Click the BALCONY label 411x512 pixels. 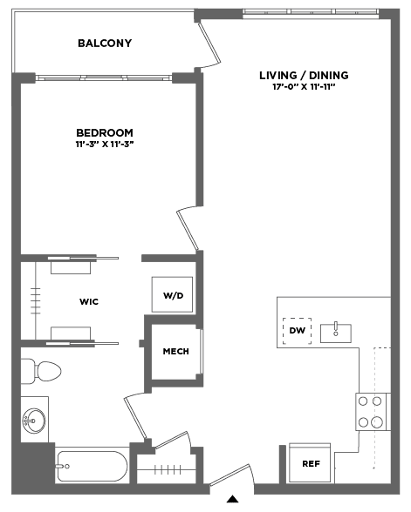[105, 44]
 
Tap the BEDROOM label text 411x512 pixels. [105, 132]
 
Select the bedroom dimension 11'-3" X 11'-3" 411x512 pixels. [105, 144]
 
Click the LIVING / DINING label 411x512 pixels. [304, 76]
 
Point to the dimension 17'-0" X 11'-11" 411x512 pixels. [305, 87]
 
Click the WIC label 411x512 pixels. [89, 301]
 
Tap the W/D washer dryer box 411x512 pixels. [172, 294]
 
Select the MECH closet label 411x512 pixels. [175, 352]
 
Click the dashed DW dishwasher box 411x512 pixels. [297, 331]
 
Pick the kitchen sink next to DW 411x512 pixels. [335, 333]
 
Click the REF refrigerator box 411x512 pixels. [310, 462]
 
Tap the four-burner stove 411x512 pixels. [371, 412]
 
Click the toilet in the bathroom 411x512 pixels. [41, 371]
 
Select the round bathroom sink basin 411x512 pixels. [34, 421]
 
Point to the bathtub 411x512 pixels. [92, 466]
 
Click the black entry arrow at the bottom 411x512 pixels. [233, 499]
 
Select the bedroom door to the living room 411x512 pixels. [188, 228]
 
